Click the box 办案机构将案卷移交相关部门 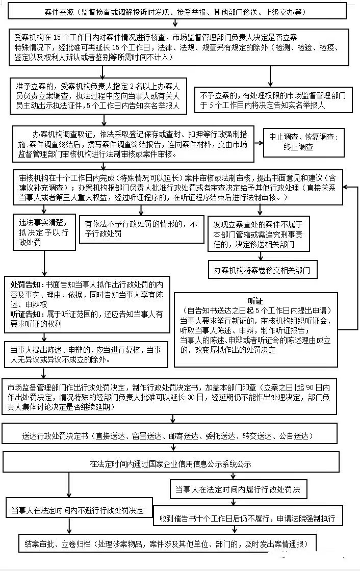point(262,269)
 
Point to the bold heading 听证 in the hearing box point(255,300)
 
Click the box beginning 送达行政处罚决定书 point(168,436)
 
